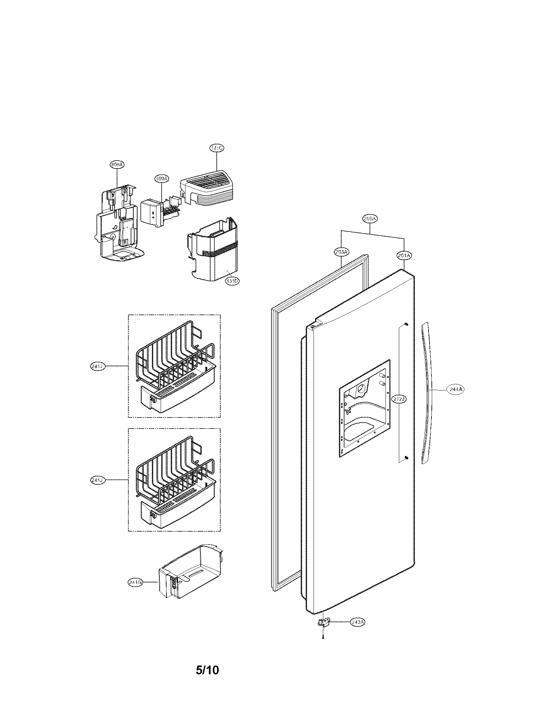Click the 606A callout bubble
[x=117, y=165]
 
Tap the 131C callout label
[x=217, y=148]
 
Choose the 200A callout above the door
[x=371, y=218]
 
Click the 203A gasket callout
[x=341, y=252]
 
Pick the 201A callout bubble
[x=404, y=255]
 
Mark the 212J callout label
[x=399, y=399]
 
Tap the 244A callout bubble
[x=456, y=389]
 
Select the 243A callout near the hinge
[x=357, y=622]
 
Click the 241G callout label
[x=135, y=583]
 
